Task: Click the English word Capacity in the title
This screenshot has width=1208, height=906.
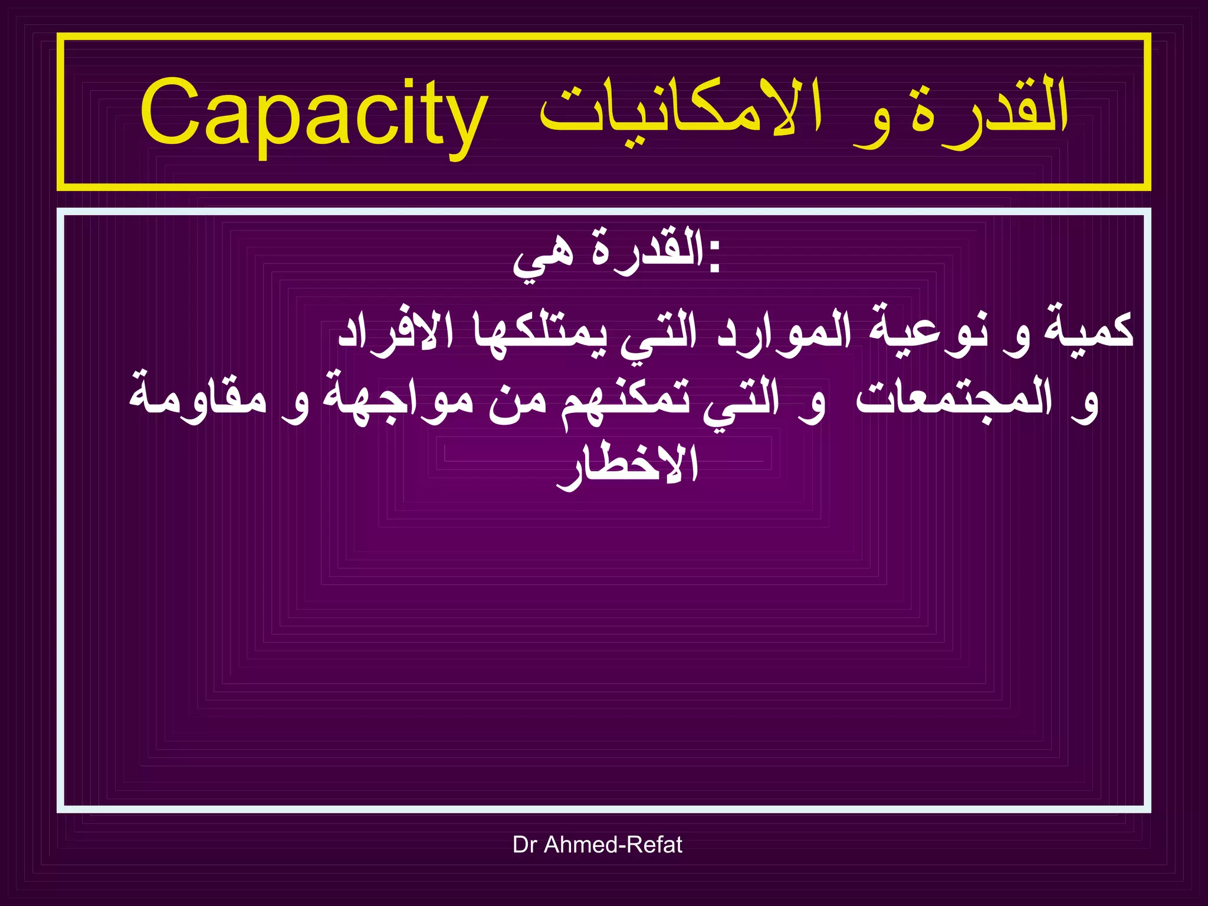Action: point(314,115)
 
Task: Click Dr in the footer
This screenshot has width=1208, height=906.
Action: point(524,845)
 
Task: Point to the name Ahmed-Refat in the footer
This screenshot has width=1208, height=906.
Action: point(613,845)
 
